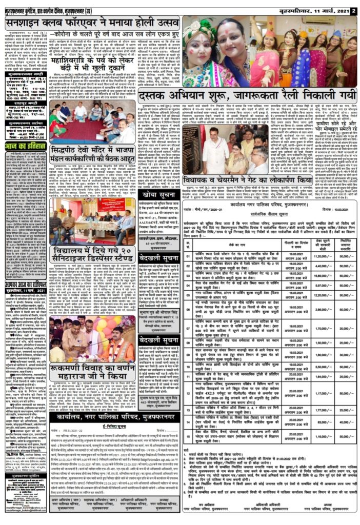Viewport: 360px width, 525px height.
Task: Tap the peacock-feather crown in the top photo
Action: (203, 28)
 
